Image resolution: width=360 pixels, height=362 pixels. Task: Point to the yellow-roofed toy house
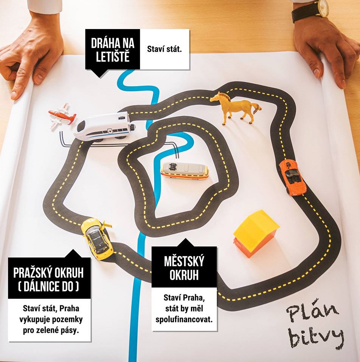coord(256,234)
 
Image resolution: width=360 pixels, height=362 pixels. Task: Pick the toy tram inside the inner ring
coord(185,170)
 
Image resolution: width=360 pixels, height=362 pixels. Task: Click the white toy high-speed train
coord(105,126)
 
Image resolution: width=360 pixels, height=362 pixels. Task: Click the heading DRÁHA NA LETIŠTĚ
coord(113,50)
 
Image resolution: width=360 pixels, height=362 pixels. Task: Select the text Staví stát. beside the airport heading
coord(164,49)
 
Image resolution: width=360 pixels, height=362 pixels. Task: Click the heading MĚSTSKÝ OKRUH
coord(184,268)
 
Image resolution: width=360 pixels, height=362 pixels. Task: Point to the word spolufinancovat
coord(184,320)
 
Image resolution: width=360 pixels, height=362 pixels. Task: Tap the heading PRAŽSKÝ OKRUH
coord(48,273)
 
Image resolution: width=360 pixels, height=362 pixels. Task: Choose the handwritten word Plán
coord(312,314)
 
